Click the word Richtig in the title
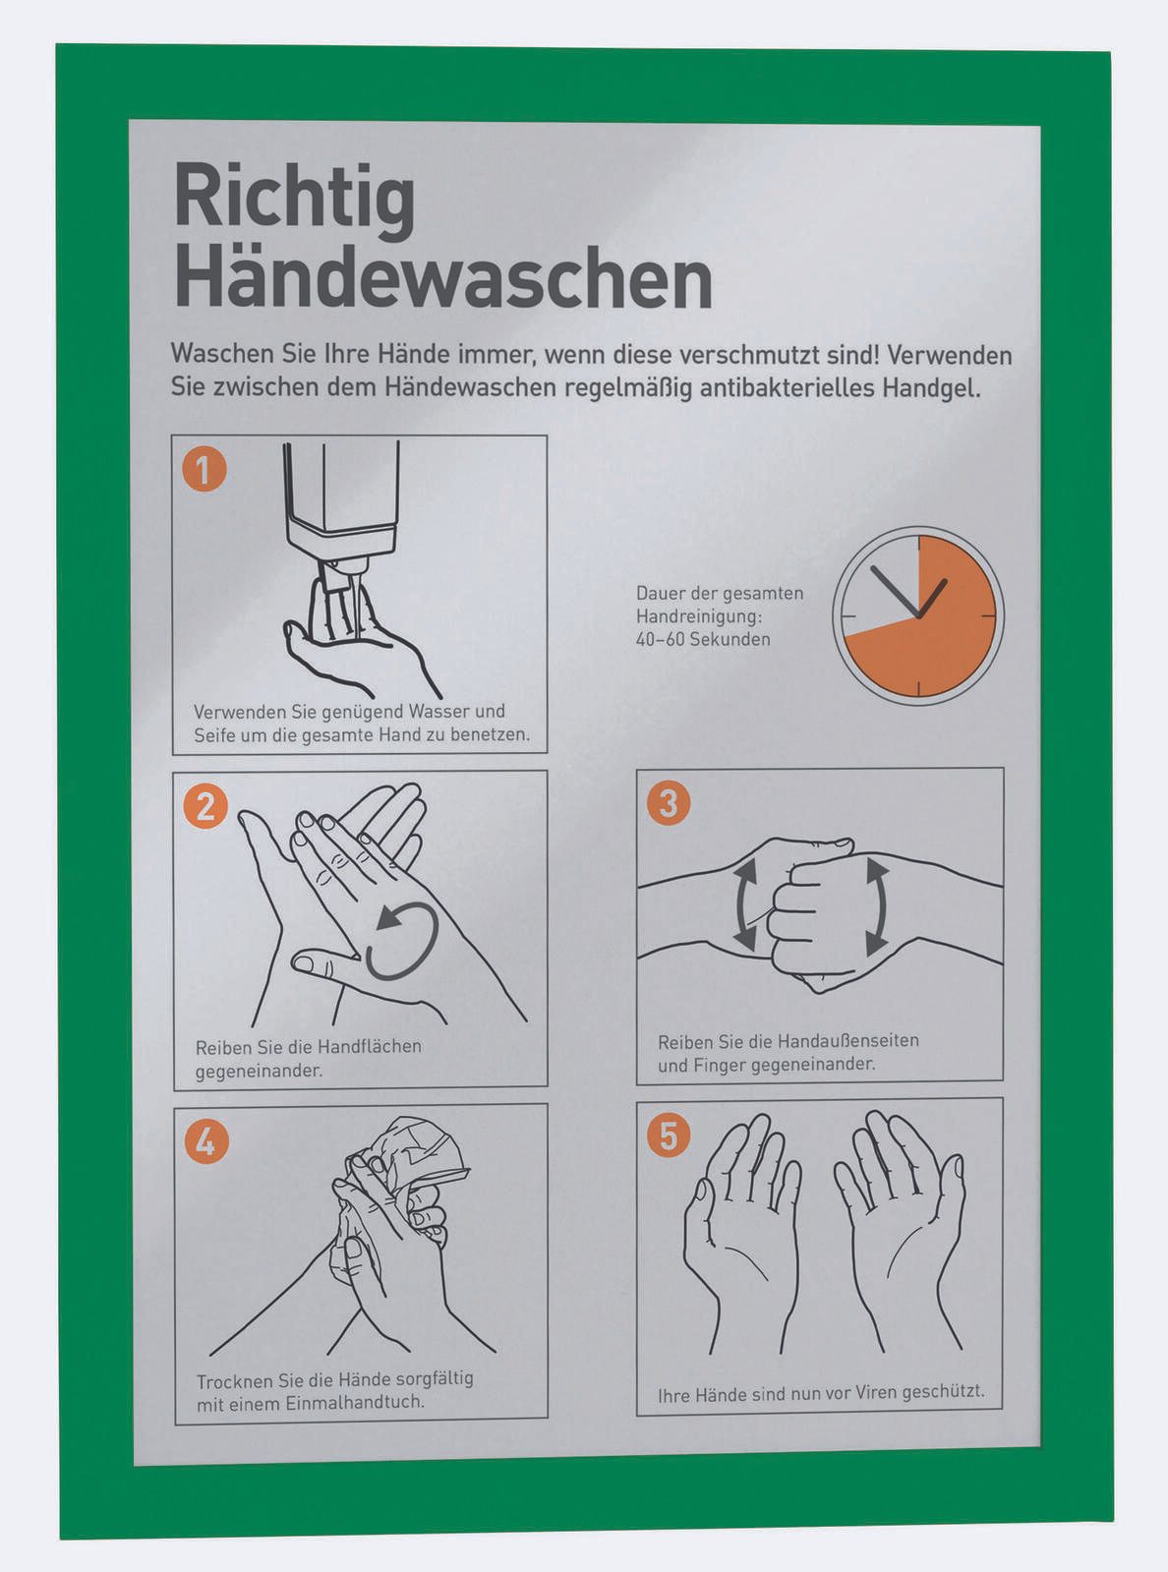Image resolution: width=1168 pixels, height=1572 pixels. (x=294, y=202)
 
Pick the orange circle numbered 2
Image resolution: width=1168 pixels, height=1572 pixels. (x=205, y=806)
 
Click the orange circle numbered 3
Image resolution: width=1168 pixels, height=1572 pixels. (x=669, y=803)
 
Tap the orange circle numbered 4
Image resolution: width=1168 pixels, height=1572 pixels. (x=206, y=1141)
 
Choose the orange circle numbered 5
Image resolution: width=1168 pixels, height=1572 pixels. (x=669, y=1136)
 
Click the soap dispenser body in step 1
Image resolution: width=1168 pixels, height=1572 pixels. (x=341, y=496)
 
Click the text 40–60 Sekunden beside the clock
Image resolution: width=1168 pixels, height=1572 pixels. (x=703, y=639)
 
